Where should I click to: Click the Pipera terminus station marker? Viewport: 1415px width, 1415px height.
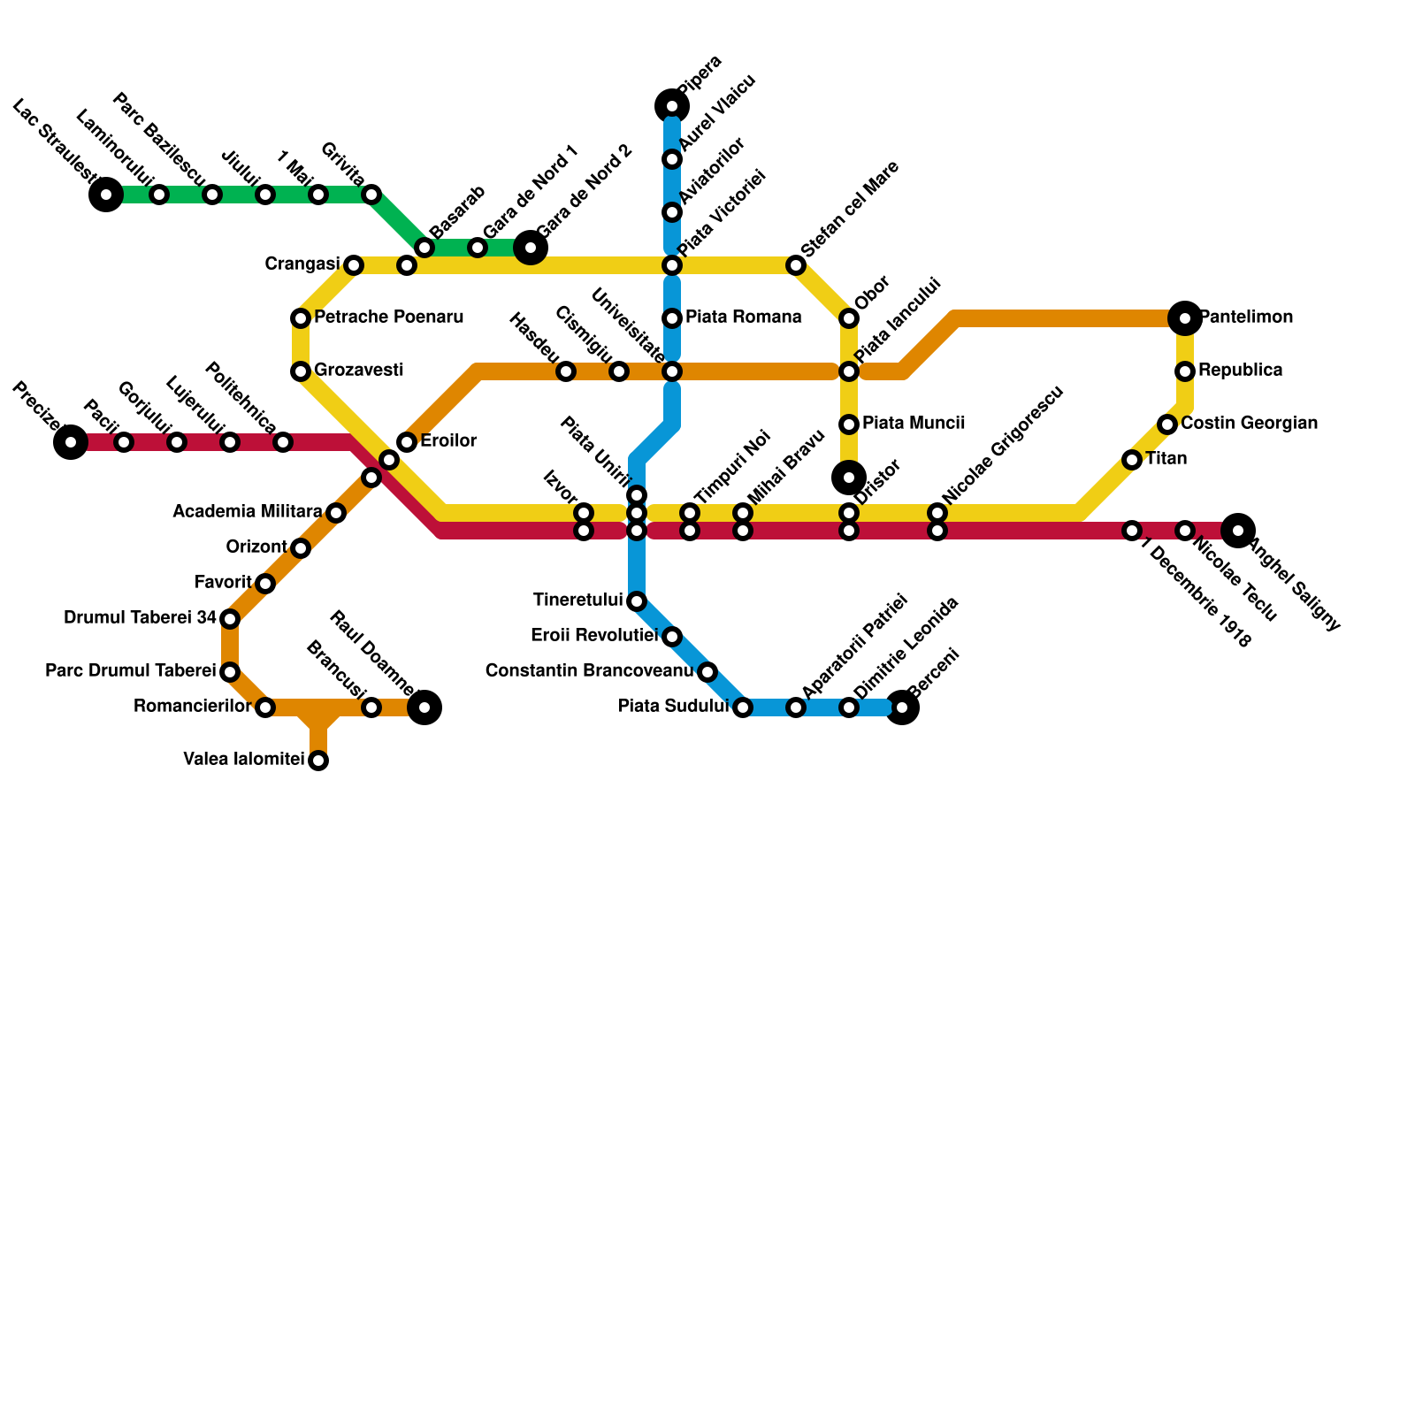(x=672, y=106)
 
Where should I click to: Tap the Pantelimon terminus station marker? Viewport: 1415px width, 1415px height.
(x=1185, y=318)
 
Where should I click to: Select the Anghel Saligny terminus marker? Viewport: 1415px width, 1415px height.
(x=1238, y=531)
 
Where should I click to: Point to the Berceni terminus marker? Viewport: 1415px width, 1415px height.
(x=902, y=707)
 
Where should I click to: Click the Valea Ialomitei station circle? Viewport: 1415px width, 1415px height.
(x=318, y=761)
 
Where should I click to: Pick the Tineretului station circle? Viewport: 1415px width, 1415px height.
(x=637, y=601)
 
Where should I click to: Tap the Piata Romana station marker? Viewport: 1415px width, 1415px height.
(x=672, y=318)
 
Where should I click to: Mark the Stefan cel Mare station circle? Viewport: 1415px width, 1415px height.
(x=796, y=265)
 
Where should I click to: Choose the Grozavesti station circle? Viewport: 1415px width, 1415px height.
(x=301, y=371)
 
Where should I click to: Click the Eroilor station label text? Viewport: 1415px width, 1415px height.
(x=448, y=440)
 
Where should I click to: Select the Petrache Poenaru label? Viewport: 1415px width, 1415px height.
(x=388, y=317)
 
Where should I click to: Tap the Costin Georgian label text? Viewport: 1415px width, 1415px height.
(x=1249, y=424)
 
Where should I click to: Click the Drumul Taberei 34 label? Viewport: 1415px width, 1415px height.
(x=140, y=618)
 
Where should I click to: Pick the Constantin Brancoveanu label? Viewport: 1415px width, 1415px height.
(x=589, y=671)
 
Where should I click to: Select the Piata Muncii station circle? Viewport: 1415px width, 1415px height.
(x=849, y=424)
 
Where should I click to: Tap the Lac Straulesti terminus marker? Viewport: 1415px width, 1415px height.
(x=106, y=195)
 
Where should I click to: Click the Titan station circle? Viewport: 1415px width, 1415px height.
(x=1132, y=460)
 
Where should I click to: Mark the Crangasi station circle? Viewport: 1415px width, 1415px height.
(x=354, y=265)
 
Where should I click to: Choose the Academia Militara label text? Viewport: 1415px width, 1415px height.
(x=248, y=512)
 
